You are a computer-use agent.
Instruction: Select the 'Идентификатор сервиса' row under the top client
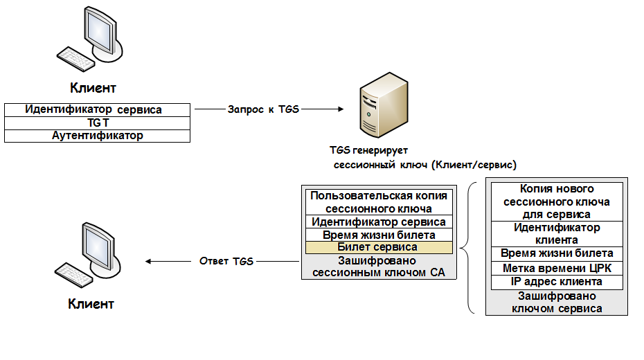97,110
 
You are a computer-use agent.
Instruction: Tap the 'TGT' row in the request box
97,123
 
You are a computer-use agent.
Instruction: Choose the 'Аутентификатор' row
97,136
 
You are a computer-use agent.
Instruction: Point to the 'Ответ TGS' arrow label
226,261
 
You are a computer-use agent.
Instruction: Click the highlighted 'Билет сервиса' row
377,247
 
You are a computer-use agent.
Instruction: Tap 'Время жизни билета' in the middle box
379,235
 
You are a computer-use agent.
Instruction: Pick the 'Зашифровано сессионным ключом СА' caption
377,267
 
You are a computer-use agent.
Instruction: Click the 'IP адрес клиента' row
557,282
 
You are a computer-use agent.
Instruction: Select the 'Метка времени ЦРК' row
557,268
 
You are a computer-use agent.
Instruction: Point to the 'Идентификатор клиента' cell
557,233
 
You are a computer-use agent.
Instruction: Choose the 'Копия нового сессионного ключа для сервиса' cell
557,201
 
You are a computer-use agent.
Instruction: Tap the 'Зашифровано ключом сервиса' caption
557,302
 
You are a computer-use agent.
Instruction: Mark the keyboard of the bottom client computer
75,275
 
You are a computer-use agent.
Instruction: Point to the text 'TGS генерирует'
369,151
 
